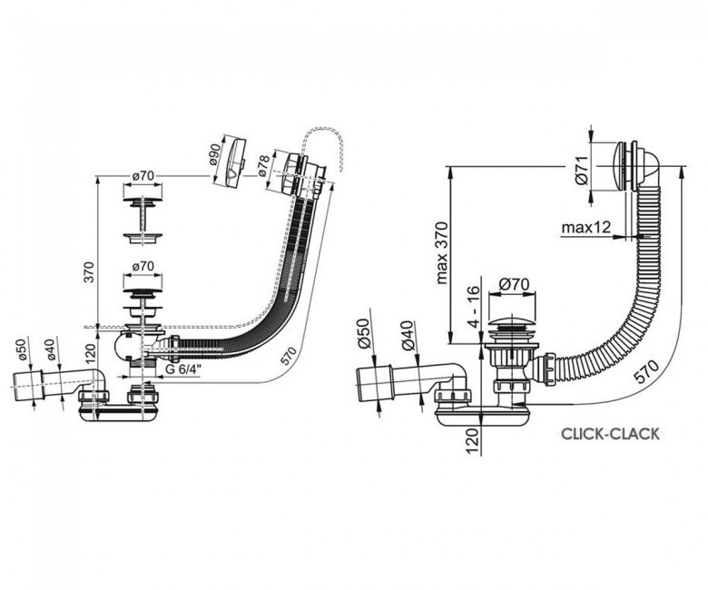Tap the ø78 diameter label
point(264,165)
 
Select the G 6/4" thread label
point(183,369)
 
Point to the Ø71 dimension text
point(582,170)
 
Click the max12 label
point(586,228)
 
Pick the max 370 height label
point(443,253)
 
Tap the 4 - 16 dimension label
point(473,307)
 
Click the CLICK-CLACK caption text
point(610,434)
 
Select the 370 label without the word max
point(90,271)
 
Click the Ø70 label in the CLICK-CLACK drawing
point(515,284)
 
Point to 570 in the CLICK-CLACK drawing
point(646,371)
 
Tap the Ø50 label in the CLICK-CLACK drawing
point(364,334)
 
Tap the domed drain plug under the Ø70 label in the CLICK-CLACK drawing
point(512,324)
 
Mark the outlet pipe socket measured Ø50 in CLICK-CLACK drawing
point(375,383)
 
